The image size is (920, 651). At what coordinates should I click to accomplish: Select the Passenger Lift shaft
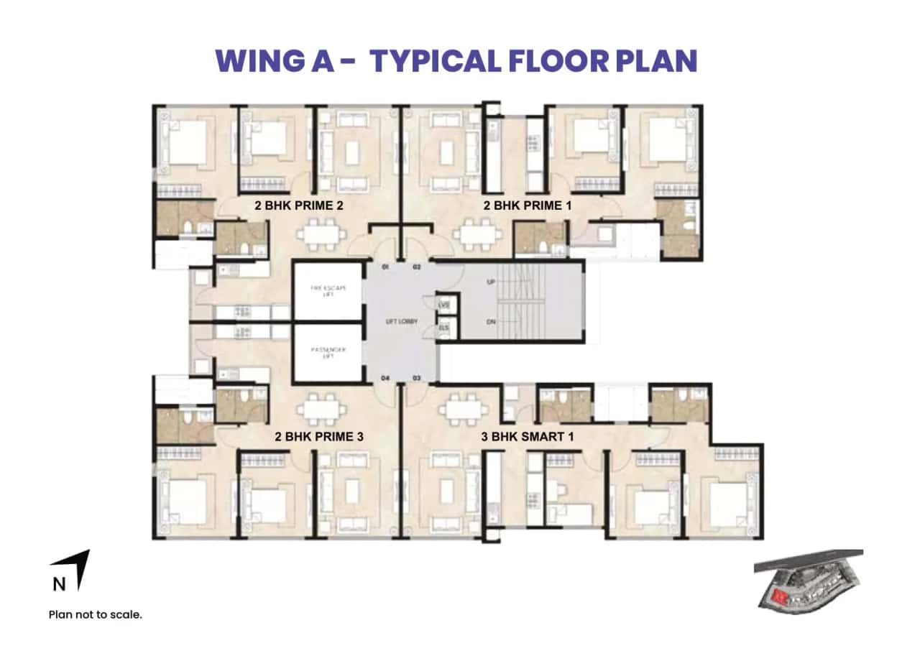point(327,353)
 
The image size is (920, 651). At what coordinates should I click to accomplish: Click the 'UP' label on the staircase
point(491,282)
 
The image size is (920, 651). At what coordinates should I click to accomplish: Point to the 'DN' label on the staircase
point(491,322)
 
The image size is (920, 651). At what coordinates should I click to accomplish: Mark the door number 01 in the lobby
point(385,267)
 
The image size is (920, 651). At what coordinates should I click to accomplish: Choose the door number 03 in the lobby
point(415,377)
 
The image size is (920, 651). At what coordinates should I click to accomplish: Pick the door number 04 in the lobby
point(385,377)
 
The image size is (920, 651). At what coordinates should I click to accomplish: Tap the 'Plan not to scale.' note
point(96,614)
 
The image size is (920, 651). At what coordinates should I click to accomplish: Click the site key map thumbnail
point(808,582)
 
